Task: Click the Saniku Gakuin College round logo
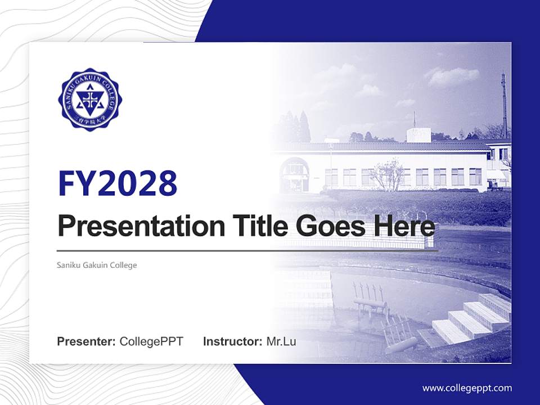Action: pos(89,100)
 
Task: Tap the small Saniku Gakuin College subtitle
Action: pos(97,265)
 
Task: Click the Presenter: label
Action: pos(86,341)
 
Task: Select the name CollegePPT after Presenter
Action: pos(151,341)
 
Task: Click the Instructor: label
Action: pos(232,341)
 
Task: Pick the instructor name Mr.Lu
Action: pos(281,341)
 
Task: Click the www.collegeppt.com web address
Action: pos(467,388)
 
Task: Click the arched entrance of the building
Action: pos(294,175)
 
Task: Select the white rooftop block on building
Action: pos(418,134)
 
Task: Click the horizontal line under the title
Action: pos(247,251)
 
